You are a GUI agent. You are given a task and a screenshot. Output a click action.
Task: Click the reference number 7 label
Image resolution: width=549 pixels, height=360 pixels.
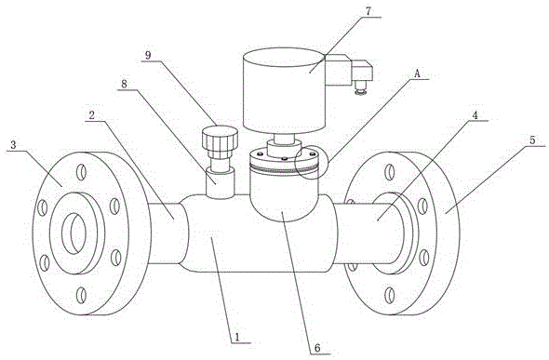tap(368, 10)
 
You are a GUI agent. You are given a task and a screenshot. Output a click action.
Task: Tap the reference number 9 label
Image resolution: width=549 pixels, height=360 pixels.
tap(149, 56)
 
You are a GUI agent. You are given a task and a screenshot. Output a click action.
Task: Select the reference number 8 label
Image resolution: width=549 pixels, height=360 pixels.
tap(125, 85)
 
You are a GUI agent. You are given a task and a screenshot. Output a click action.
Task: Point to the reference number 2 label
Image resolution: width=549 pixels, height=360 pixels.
tap(92, 115)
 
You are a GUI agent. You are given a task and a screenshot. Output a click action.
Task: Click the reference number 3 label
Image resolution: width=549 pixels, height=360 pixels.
tap(13, 145)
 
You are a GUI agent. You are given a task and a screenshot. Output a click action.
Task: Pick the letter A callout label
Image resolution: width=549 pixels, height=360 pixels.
tap(417, 74)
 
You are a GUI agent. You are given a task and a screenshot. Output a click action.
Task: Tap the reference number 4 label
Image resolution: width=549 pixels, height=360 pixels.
tap(475, 115)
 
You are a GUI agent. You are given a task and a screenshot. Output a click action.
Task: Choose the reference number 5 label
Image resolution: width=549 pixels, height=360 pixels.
tap(532, 140)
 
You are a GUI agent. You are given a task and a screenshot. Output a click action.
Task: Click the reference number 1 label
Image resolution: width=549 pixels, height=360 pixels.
tap(237, 337)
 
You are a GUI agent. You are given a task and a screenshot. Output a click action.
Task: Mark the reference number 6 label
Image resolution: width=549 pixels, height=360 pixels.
tap(317, 348)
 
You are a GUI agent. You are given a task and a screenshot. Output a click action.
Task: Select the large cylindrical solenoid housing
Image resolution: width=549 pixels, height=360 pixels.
tap(285, 91)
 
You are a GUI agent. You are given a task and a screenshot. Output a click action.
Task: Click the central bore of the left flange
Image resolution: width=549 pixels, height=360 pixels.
tap(74, 233)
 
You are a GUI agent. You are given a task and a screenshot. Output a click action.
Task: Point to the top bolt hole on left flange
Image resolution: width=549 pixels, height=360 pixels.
tap(81, 172)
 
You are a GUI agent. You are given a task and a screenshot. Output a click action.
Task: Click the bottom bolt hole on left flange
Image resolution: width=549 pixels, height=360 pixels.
tap(81, 295)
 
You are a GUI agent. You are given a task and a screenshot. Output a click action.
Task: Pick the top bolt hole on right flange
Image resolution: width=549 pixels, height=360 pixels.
tap(389, 172)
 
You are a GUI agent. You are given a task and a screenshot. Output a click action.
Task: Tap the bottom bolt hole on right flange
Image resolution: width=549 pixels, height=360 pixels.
tap(389, 295)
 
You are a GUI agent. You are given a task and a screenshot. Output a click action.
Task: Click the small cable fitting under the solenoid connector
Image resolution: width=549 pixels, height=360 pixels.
tap(359, 87)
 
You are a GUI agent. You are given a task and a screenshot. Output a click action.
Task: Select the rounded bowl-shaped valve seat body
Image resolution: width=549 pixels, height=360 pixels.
tap(285, 196)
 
